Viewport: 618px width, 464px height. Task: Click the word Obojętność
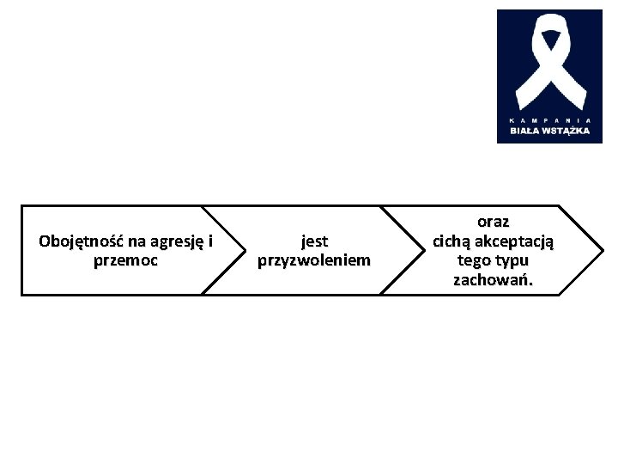coord(82,241)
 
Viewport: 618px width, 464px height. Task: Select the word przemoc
coord(125,260)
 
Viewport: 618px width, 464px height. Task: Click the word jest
coord(314,241)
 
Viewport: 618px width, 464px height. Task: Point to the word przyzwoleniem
coord(314,260)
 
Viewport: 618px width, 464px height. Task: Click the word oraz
coord(494,222)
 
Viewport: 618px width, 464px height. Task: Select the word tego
coord(476,259)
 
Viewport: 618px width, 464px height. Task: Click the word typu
coord(513,259)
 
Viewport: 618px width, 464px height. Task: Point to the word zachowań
coord(494,279)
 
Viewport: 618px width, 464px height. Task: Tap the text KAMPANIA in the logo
coord(549,119)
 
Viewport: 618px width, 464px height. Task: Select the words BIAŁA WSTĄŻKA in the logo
coord(549,131)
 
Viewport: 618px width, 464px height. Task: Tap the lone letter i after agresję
coord(209,241)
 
